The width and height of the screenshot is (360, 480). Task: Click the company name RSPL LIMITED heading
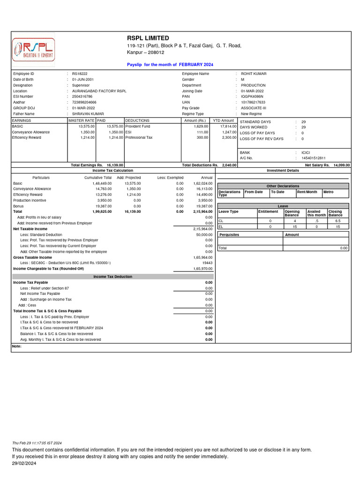pyautogui.click(x=148, y=38)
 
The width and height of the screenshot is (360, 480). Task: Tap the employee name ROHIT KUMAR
pyautogui.click(x=254, y=74)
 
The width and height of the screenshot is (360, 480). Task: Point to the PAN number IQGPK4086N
pyautogui.click(x=253, y=97)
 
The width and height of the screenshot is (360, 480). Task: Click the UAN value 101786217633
pyautogui.click(x=253, y=102)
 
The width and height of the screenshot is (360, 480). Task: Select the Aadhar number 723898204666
pyautogui.click(x=84, y=102)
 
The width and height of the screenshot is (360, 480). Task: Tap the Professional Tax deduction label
pyautogui.click(x=139, y=138)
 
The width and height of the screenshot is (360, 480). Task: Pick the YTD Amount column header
pyautogui.click(x=224, y=120)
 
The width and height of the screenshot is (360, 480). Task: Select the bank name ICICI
pyautogui.click(x=306, y=153)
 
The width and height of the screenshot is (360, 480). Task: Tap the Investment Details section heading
pyautogui.click(x=283, y=171)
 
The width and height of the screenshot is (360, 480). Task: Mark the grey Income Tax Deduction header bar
pyautogui.click(x=112, y=277)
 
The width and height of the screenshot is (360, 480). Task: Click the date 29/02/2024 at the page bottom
pyautogui.click(x=24, y=463)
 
